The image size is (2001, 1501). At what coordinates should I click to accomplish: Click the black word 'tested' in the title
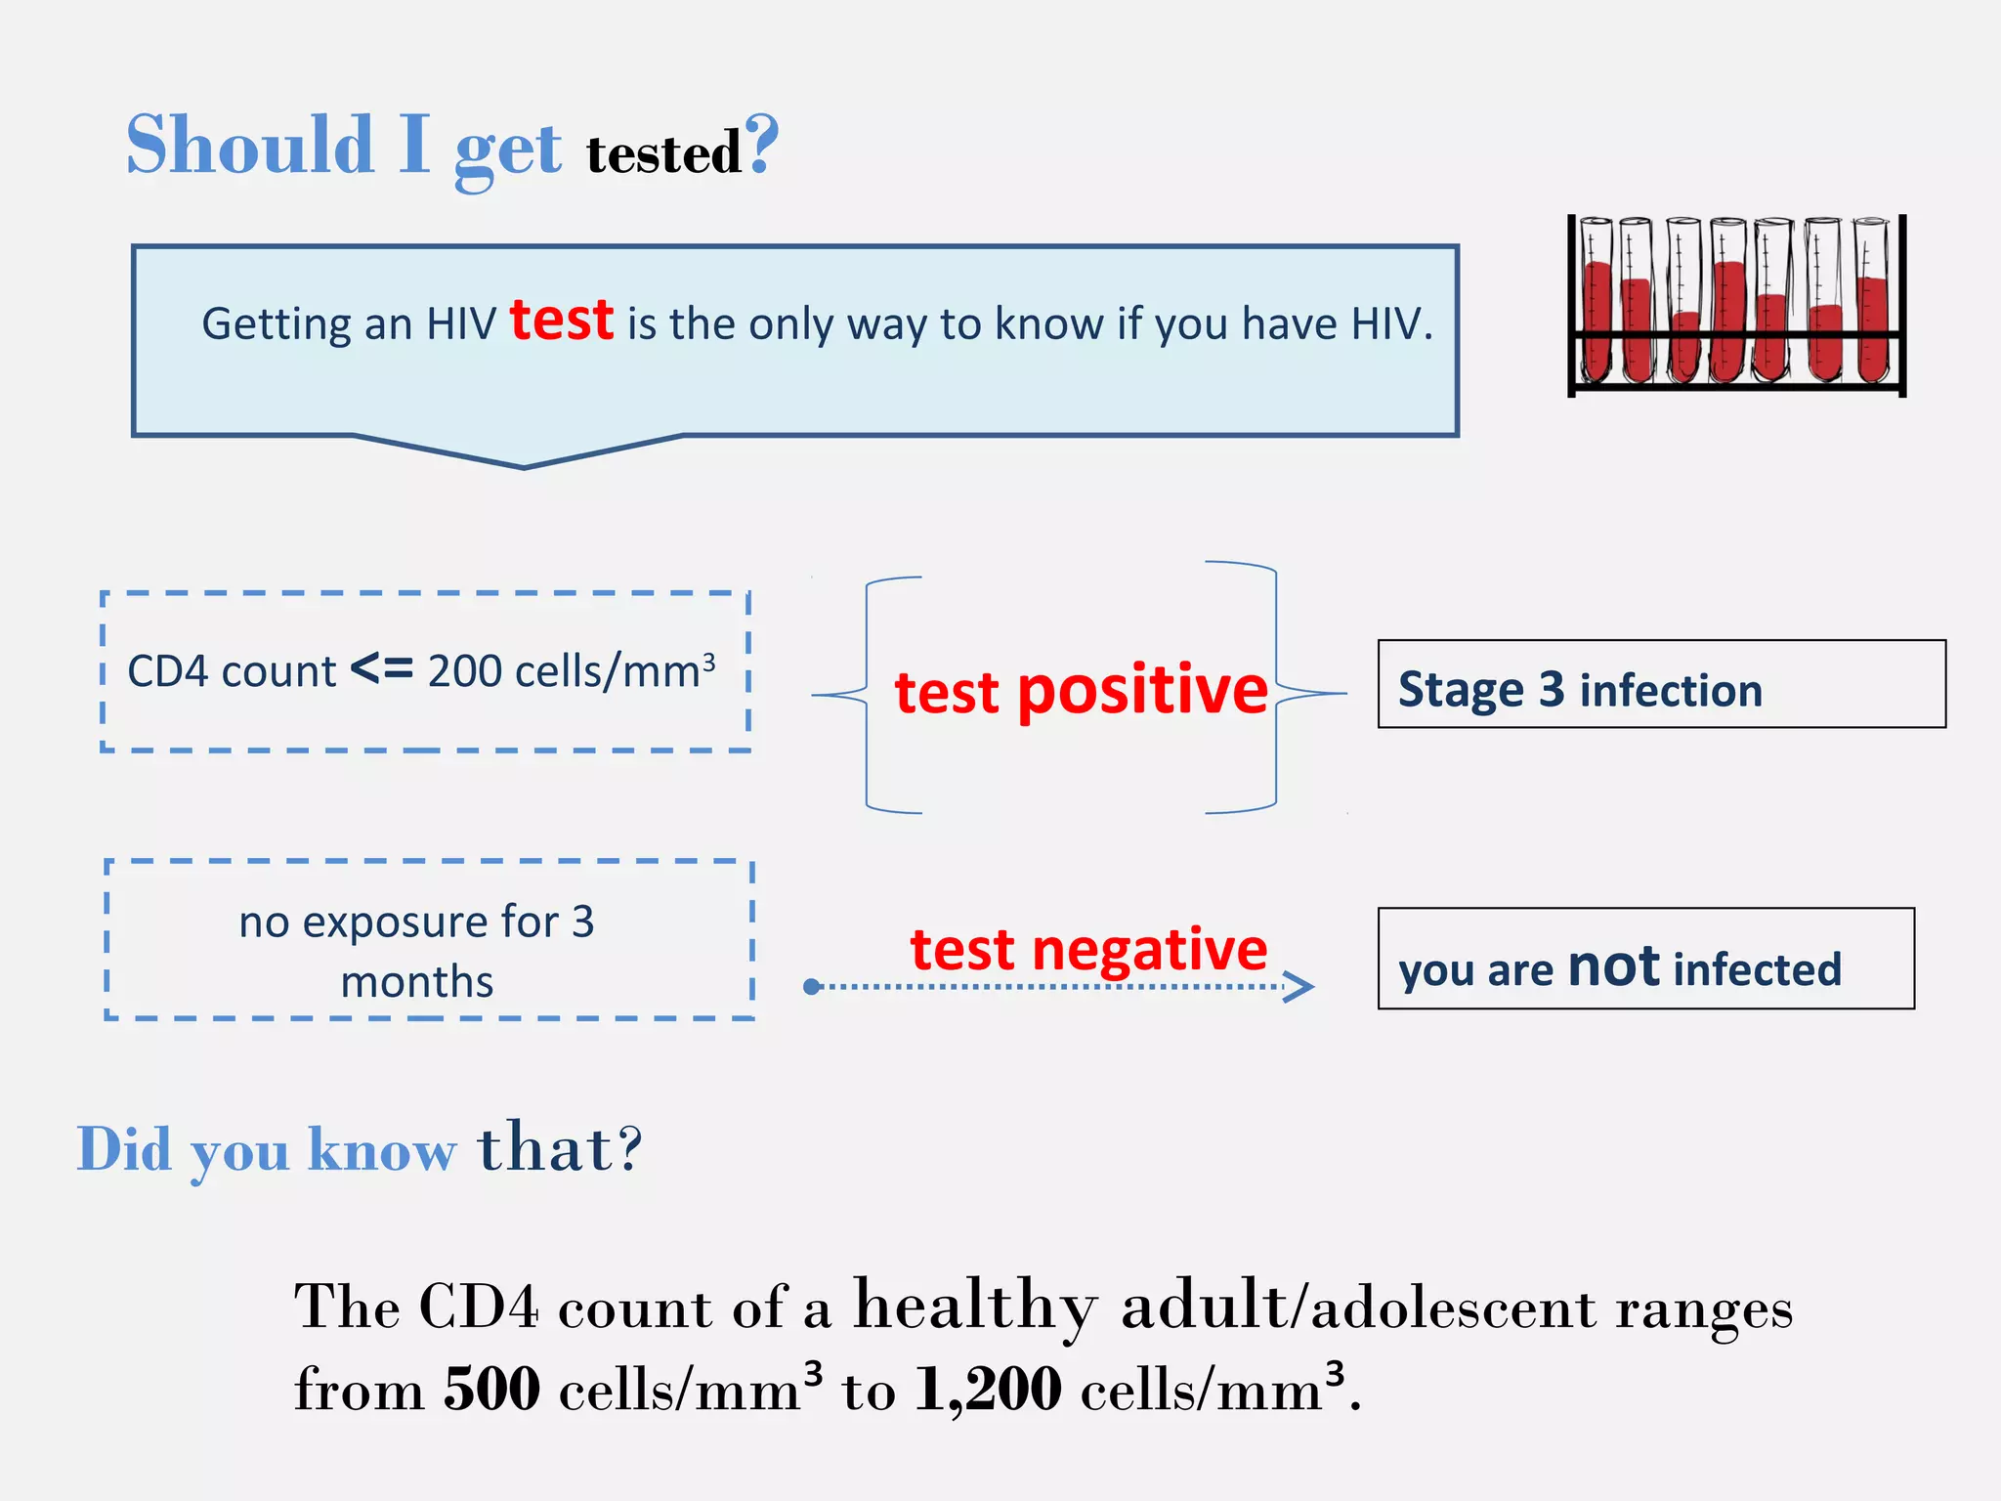[x=663, y=154]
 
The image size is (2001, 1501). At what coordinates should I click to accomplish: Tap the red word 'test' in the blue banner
[x=562, y=321]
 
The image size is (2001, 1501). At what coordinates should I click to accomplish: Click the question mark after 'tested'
[x=761, y=144]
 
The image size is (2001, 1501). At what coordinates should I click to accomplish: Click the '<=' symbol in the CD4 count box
[x=381, y=670]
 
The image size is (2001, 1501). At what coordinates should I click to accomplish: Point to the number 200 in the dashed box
[x=464, y=672]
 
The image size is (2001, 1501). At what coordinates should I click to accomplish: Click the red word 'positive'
[x=1142, y=692]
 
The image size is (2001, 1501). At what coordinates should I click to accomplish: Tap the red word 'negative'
[x=1149, y=950]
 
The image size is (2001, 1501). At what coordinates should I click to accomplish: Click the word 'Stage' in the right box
[x=1461, y=690]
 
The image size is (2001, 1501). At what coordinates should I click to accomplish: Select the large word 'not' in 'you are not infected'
[x=1613, y=966]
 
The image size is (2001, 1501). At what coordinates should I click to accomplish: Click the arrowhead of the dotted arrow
[x=1301, y=987]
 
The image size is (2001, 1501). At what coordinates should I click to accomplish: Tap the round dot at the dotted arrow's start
[x=811, y=987]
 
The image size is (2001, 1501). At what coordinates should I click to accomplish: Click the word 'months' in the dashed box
[x=417, y=982]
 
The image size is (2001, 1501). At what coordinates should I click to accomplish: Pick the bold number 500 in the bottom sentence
[x=491, y=1389]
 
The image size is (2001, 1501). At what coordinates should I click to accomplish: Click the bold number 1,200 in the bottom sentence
[x=988, y=1389]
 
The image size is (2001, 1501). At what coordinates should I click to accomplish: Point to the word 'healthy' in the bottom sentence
[x=975, y=1307]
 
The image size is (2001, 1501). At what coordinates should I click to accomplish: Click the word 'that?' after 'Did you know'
[x=560, y=1147]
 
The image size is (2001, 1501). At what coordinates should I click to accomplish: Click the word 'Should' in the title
[x=250, y=146]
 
